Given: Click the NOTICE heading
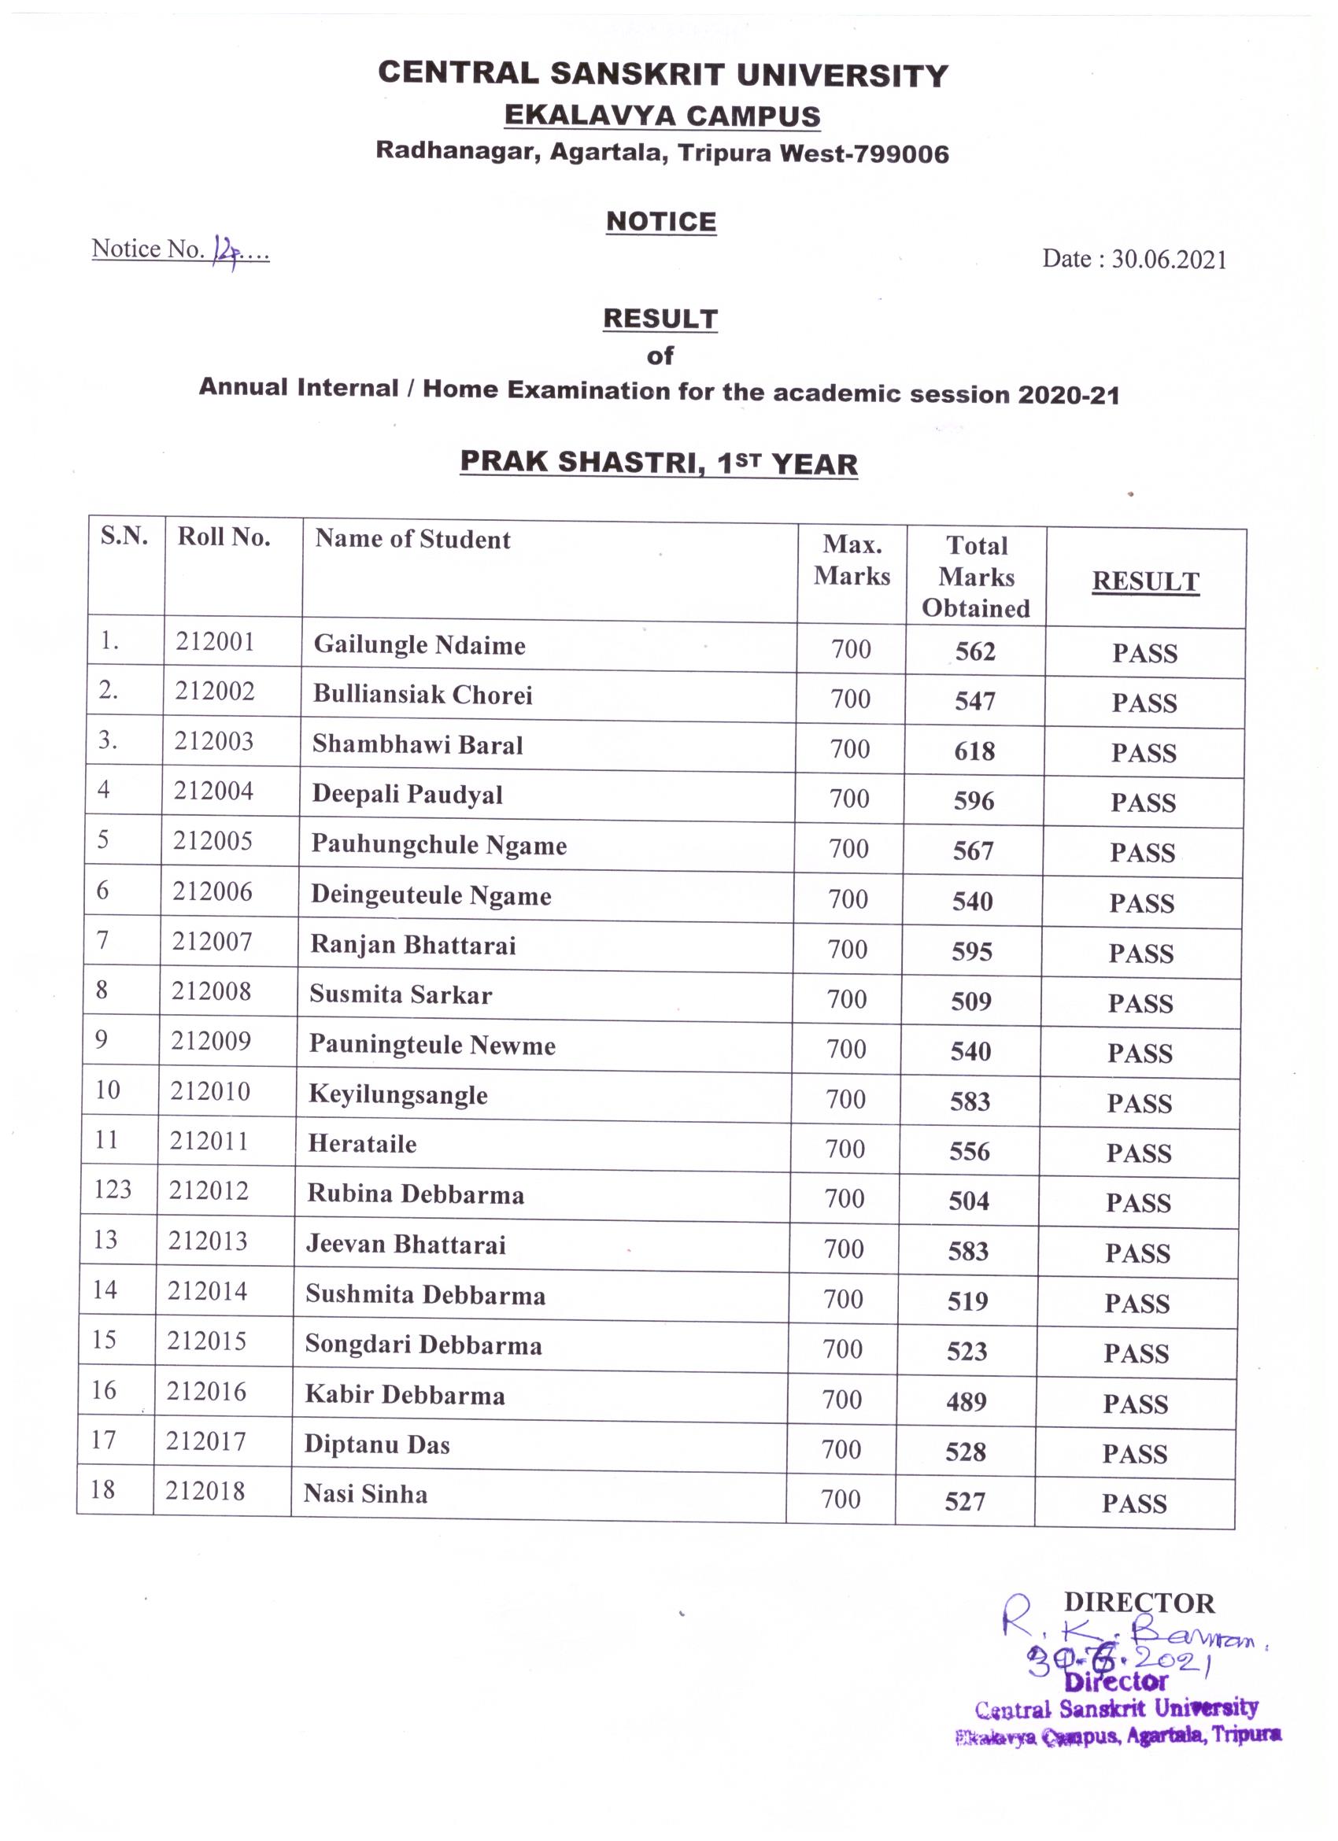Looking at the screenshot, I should [661, 222].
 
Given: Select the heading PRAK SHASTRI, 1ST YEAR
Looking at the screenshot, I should [659, 463].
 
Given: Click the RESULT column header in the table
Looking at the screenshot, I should [1144, 581].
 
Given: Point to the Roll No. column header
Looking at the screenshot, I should [224, 537].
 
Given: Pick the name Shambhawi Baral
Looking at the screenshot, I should [417, 744].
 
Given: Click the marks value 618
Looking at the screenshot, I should [974, 751].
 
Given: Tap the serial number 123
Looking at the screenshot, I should [112, 1190].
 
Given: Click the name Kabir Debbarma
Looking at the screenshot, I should [405, 1396].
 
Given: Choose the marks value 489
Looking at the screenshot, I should [967, 1402].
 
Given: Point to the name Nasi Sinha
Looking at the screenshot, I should [365, 1494].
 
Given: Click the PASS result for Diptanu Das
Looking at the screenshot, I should [1135, 1453].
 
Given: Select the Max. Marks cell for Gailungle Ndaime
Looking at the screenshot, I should [851, 649].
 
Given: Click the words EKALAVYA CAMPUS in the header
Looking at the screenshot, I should [662, 116].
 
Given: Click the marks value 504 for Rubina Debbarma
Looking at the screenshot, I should [969, 1201].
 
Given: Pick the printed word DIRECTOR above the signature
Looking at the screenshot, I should [1139, 1603].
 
